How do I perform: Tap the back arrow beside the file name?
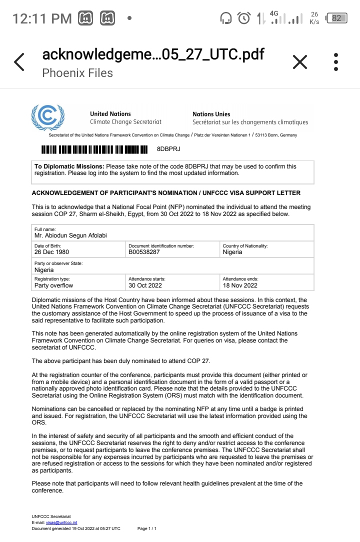pyautogui.click(x=19, y=62)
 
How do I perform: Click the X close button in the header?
pyautogui.click(x=299, y=62)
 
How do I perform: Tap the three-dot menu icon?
pyautogui.click(x=336, y=62)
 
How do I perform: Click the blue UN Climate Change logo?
pyautogui.click(x=47, y=117)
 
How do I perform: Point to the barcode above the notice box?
pyautogui.click(x=95, y=149)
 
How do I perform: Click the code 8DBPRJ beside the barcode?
pyautogui.click(x=168, y=149)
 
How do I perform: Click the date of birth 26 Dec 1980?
pyautogui.click(x=52, y=252)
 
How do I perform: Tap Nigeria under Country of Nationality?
pyautogui.click(x=232, y=252)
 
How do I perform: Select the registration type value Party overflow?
pyautogui.click(x=53, y=285)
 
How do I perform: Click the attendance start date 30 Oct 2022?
pyautogui.click(x=145, y=285)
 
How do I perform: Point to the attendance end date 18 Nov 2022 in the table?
pyautogui.click(x=240, y=285)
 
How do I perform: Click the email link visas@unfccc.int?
pyautogui.click(x=61, y=522)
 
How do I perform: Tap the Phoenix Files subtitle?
pyautogui.click(x=77, y=73)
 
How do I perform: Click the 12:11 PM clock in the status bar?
pyautogui.click(x=42, y=19)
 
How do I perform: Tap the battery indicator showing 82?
pyautogui.click(x=336, y=18)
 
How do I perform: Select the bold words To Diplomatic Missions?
pyautogui.click(x=69, y=166)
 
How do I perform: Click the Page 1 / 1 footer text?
pyautogui.click(x=147, y=528)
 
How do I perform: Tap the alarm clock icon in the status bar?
pyautogui.click(x=244, y=18)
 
